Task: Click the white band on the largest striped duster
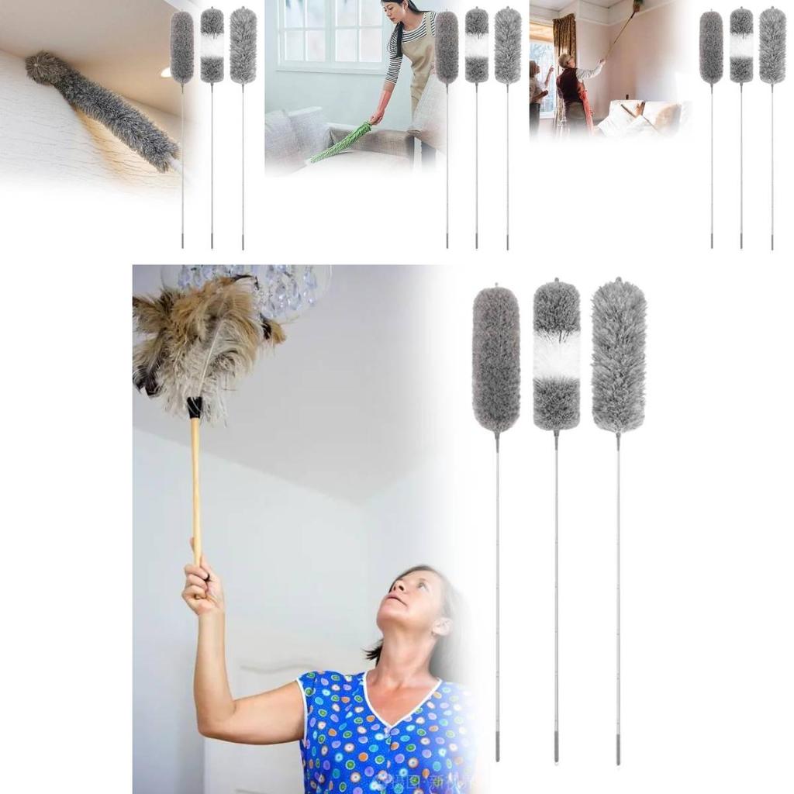click(556, 355)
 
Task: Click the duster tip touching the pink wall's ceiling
click(637, 6)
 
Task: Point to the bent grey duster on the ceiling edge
click(101, 109)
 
